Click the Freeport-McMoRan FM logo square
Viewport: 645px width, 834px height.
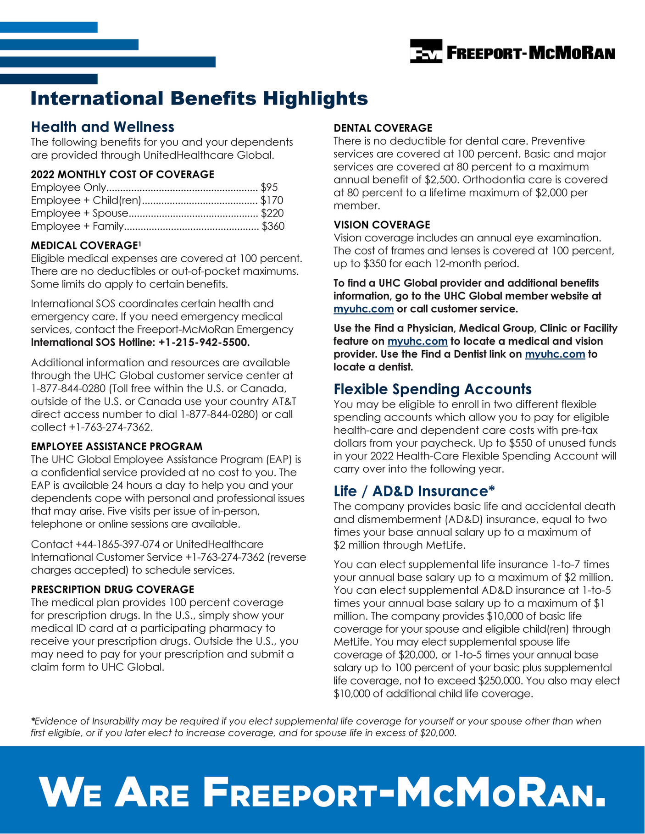[426, 51]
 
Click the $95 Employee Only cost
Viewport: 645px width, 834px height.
[269, 188]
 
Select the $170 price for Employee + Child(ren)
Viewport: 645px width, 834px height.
[272, 200]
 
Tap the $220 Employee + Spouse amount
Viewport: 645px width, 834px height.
[272, 213]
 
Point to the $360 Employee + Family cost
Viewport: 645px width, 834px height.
[273, 226]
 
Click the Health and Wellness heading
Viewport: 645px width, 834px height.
[102, 127]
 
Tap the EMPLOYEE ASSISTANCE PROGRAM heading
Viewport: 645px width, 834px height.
[117, 447]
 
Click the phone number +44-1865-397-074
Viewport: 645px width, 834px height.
[118, 544]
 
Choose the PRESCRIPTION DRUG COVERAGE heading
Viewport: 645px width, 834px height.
[112, 590]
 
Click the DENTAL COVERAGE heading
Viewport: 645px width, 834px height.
[383, 128]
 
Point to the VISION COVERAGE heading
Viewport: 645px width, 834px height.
[382, 225]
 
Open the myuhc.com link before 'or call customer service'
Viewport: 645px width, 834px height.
[363, 309]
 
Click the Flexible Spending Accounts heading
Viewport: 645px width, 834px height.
[432, 389]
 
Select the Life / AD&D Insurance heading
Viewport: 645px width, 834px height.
[414, 492]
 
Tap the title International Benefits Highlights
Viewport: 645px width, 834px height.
[199, 99]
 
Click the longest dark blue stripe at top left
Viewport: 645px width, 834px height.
[108, 62]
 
